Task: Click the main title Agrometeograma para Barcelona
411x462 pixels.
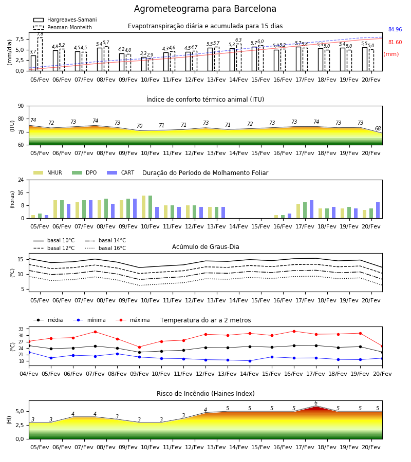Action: (x=205, y=9)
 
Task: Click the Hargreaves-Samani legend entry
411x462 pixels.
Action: (x=65, y=20)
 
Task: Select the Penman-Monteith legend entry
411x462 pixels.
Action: (x=63, y=27)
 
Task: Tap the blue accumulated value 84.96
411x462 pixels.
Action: (x=395, y=29)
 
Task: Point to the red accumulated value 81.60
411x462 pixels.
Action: (x=395, y=42)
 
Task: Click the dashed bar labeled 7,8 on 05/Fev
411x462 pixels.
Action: (x=40, y=54)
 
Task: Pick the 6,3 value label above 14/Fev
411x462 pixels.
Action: (x=238, y=40)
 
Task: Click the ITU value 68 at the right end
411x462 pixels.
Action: (x=378, y=128)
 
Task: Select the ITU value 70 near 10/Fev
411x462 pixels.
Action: (x=139, y=126)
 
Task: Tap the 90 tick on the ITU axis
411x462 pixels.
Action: (x=21, y=106)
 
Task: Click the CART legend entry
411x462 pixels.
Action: (x=121, y=172)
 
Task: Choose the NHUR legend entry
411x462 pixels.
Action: (x=48, y=172)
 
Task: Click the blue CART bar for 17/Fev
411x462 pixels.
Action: (x=312, y=209)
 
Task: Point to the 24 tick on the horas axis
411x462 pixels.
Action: (x=21, y=180)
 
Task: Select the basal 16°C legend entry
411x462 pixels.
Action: (x=105, y=248)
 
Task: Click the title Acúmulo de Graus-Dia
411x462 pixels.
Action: (x=206, y=247)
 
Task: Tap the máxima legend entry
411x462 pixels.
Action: (x=133, y=320)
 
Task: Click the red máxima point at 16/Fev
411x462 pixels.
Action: (x=294, y=331)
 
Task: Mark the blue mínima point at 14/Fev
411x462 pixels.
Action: (x=250, y=361)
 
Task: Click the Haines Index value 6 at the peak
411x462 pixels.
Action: (x=316, y=403)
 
